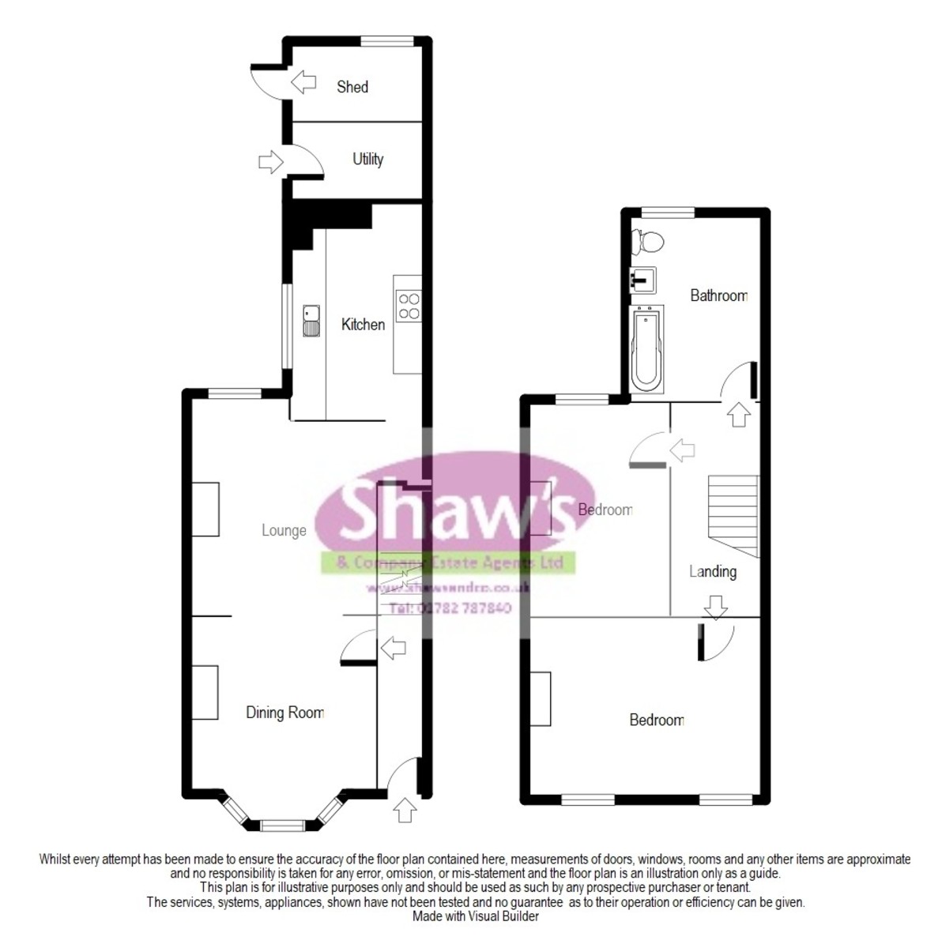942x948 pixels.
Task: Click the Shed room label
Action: (352, 87)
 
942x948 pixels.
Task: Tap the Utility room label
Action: (367, 159)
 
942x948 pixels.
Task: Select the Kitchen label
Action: (363, 324)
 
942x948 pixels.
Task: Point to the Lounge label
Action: (284, 531)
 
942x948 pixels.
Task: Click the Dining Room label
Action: (284, 713)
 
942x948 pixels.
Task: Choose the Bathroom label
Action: (718, 295)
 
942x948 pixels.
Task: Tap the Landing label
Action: (712, 571)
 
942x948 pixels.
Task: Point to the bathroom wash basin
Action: (642, 279)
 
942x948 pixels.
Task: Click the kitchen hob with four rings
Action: (409, 307)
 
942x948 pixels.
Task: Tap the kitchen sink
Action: (311, 321)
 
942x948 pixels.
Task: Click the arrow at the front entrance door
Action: (405, 810)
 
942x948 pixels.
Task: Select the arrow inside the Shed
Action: (302, 81)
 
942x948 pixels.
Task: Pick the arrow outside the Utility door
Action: (270, 163)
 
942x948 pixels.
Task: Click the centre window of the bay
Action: (282, 826)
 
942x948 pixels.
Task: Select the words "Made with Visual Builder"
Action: (475, 916)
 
